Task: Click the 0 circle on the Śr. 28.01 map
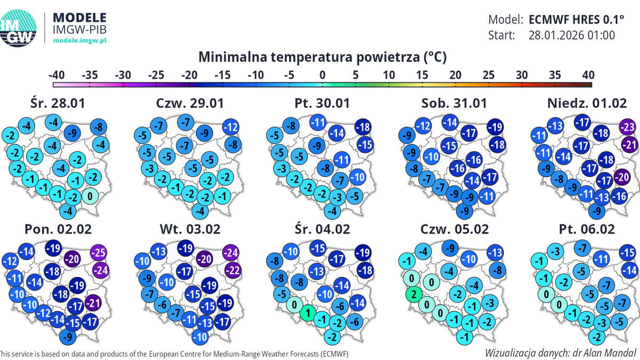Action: [x=91, y=196]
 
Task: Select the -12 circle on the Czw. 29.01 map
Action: [x=230, y=127]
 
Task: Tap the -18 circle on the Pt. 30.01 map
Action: [x=364, y=127]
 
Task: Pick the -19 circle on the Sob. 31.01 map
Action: [x=495, y=127]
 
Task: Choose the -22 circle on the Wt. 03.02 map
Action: [x=233, y=270]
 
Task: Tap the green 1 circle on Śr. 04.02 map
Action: [x=308, y=314]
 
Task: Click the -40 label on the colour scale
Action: [x=57, y=74]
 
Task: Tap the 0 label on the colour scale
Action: [x=322, y=74]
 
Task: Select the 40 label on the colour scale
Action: [x=588, y=74]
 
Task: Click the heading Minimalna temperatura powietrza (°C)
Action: [x=322, y=57]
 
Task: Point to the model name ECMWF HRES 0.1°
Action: [x=576, y=20]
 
